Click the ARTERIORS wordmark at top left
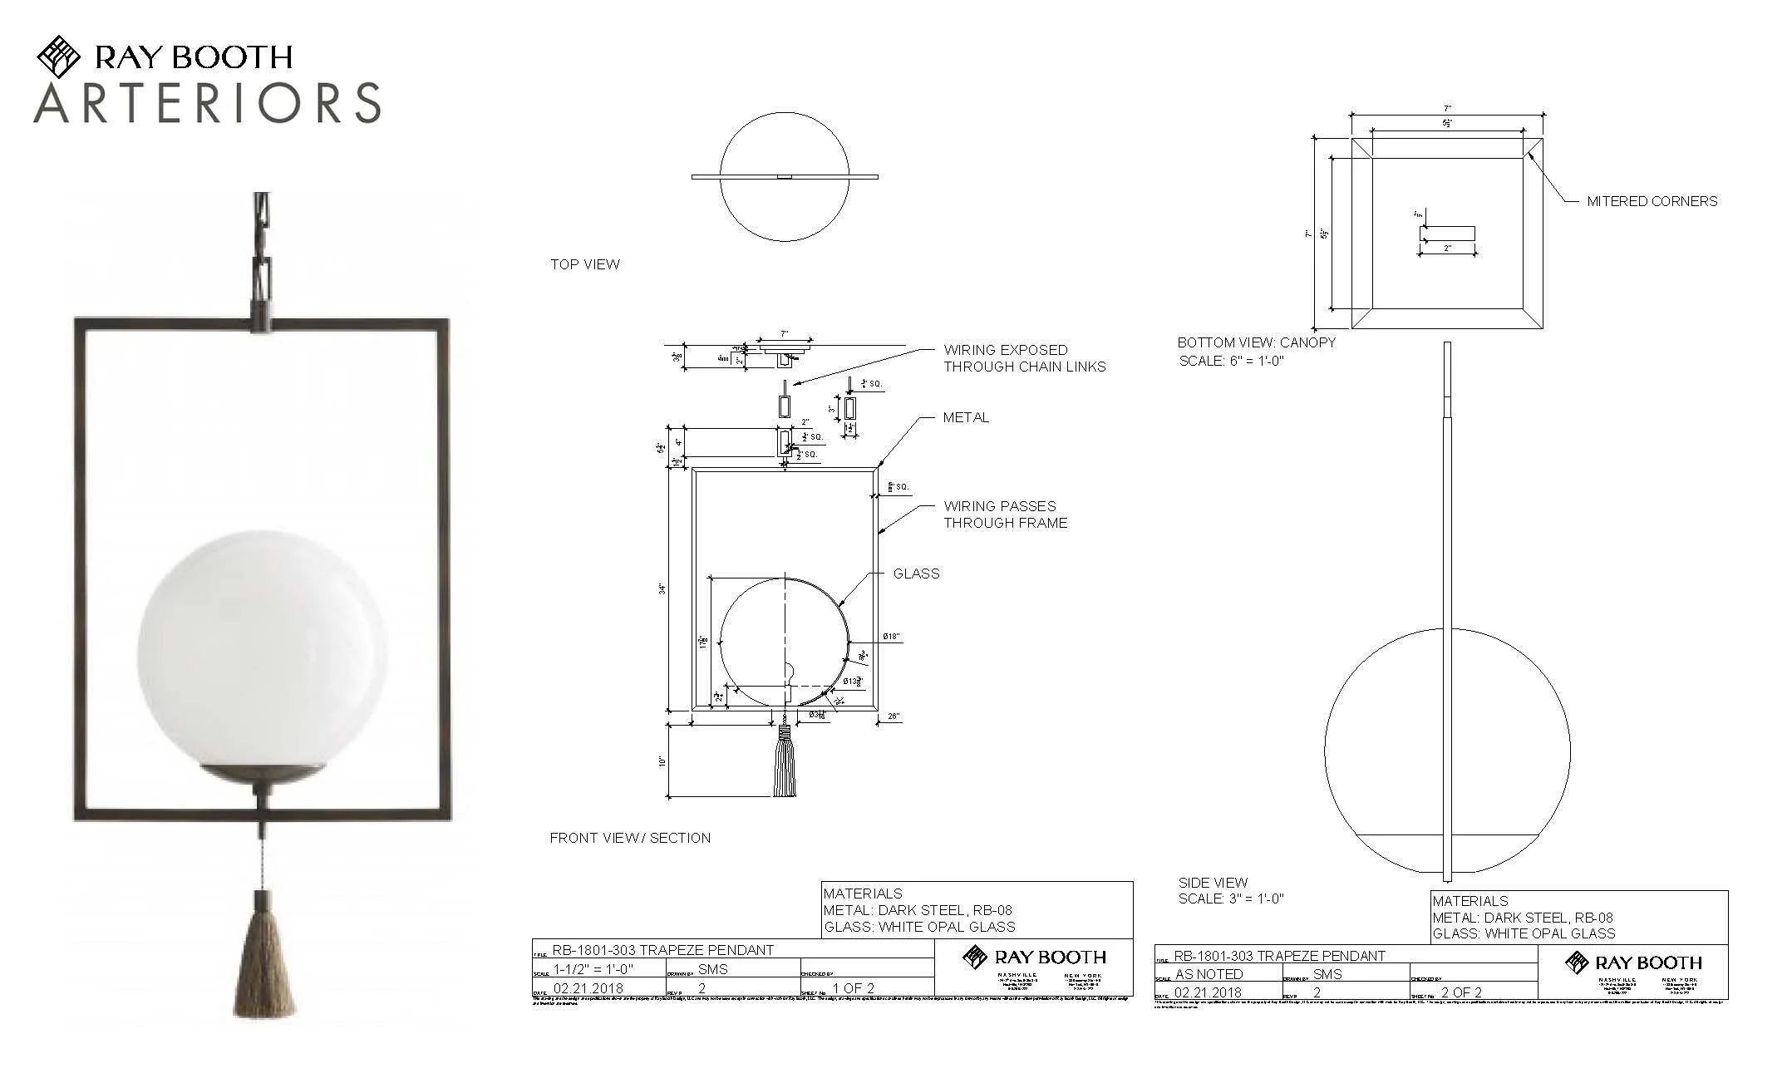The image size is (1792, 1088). (x=207, y=103)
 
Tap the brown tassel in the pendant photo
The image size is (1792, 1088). (x=263, y=964)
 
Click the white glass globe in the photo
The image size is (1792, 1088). (x=262, y=648)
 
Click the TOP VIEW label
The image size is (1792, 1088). (x=584, y=264)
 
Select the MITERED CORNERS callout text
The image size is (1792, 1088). (x=1651, y=201)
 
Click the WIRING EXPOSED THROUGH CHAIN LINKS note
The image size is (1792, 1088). (x=1023, y=358)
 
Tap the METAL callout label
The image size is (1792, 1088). (x=965, y=417)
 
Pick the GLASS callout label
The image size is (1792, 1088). (x=916, y=574)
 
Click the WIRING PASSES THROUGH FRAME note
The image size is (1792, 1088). (x=1004, y=514)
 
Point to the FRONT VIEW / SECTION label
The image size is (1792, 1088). (x=629, y=838)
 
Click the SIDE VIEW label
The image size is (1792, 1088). (x=1212, y=883)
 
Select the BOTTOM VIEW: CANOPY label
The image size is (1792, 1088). (x=1256, y=342)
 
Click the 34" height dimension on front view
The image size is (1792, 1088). (x=663, y=589)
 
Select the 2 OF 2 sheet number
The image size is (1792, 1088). (x=1461, y=992)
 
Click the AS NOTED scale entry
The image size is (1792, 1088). (x=1209, y=974)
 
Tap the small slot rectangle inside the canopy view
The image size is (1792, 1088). (x=1447, y=234)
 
